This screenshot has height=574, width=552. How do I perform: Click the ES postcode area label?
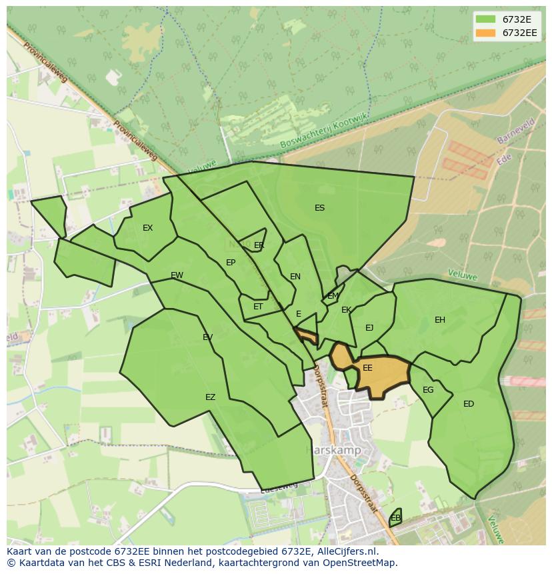click(x=319, y=208)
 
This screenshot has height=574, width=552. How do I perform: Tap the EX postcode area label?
click(x=147, y=228)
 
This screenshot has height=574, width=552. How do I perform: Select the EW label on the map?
click(x=177, y=275)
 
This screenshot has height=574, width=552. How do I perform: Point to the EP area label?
click(x=231, y=263)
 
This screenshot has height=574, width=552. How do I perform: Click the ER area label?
click(x=259, y=245)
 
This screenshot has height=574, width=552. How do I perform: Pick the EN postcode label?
click(x=295, y=277)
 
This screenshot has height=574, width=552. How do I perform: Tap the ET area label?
click(x=258, y=307)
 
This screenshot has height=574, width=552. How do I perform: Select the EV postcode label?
click(x=207, y=337)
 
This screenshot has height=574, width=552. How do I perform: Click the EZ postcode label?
click(x=210, y=397)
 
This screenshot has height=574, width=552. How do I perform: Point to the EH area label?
click(x=440, y=320)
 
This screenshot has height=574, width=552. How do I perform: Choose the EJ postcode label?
click(x=369, y=327)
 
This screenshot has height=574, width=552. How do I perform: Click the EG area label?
click(x=428, y=390)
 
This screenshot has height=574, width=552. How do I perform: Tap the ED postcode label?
click(x=469, y=404)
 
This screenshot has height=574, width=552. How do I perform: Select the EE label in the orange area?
click(x=367, y=368)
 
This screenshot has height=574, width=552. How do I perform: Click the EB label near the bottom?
click(x=395, y=518)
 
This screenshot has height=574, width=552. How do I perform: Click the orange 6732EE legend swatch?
click(x=486, y=33)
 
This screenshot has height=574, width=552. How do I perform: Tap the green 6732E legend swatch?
click(x=486, y=19)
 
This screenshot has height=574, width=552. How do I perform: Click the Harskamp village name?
click(x=333, y=451)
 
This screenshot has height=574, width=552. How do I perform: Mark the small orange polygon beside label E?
click(x=307, y=335)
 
